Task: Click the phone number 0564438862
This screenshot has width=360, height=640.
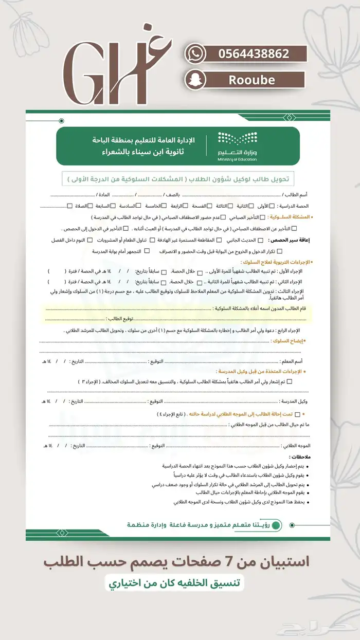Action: pos(254,54)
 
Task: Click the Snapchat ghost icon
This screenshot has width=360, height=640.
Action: pos(195,80)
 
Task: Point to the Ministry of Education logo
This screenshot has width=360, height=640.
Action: pos(237,146)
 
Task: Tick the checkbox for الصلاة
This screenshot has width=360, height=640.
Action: pos(70,206)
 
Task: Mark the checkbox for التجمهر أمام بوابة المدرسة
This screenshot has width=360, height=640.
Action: pos(147,251)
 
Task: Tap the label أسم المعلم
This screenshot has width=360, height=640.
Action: pos(292,362)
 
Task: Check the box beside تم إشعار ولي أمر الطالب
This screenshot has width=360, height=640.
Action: pos(290,381)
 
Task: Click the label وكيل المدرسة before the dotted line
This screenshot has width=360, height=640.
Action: pos(295,401)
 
